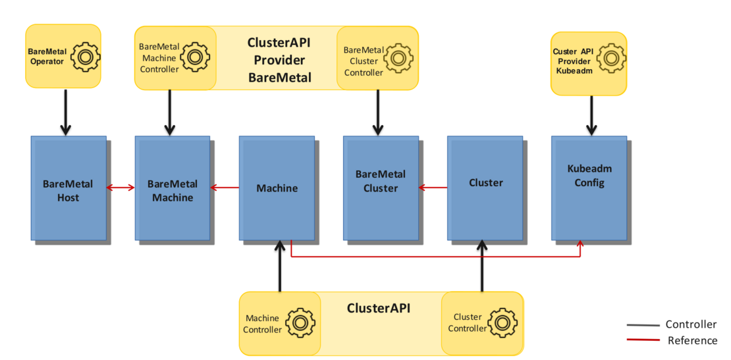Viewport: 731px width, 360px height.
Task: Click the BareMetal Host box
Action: pyautogui.click(x=68, y=188)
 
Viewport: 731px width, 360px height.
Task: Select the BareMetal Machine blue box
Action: pyautogui.click(x=172, y=188)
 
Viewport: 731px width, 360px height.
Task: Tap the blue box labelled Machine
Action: pyautogui.click(x=277, y=188)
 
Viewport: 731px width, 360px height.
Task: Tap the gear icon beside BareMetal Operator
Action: pyautogui.click(x=84, y=57)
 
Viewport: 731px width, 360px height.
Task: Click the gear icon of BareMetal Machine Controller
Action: pyautogui.click(x=194, y=57)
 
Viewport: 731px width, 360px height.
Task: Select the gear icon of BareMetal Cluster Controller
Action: pyautogui.click(x=398, y=57)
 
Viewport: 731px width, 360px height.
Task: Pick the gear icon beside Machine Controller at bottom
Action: pyautogui.click(x=300, y=322)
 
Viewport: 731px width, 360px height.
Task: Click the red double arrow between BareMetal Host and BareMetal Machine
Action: pyautogui.click(x=121, y=188)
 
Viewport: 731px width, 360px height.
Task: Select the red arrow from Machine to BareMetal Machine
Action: pyautogui.click(x=225, y=188)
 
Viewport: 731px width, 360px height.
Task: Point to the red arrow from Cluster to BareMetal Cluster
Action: pyautogui.click(x=433, y=188)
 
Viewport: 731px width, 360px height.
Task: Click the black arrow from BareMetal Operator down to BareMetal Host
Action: pyautogui.click(x=66, y=112)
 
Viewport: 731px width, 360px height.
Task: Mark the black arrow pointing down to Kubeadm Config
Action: pyautogui.click(x=591, y=115)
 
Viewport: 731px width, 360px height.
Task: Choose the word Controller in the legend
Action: pyautogui.click(x=691, y=324)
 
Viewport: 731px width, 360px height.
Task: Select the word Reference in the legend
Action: pyautogui.click(x=692, y=340)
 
